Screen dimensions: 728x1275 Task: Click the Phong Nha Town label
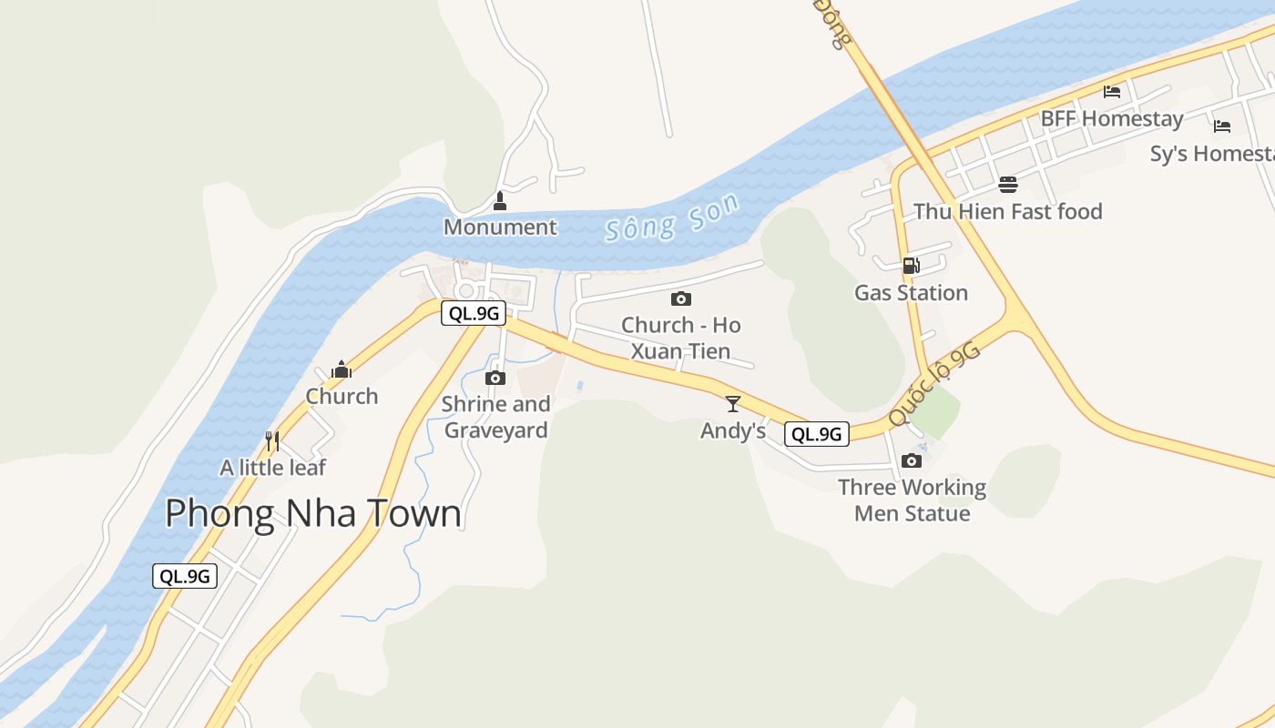(313, 514)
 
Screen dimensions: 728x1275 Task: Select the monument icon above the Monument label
(499, 200)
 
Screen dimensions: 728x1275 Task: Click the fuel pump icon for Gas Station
(911, 266)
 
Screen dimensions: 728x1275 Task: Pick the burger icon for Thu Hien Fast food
(1008, 185)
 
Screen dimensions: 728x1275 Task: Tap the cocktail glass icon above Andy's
(733, 403)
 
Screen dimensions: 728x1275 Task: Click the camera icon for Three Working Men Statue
(912, 460)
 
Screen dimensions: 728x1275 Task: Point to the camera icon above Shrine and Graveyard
(495, 378)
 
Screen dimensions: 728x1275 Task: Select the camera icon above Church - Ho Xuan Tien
(680, 298)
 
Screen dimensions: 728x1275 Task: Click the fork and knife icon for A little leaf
(271, 441)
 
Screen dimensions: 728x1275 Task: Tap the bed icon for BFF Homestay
(1111, 91)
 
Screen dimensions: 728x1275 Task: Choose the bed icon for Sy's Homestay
(1222, 126)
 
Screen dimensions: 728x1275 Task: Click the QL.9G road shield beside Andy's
(817, 434)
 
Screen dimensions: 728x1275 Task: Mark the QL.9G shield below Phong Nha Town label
(185, 575)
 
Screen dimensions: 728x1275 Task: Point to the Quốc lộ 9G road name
(934, 383)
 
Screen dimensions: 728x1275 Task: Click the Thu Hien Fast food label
(1008, 212)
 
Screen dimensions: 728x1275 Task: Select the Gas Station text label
(911, 293)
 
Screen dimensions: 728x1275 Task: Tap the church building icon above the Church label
(342, 369)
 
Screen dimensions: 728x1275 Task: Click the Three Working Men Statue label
(912, 500)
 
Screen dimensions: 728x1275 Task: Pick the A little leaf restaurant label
(273, 468)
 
